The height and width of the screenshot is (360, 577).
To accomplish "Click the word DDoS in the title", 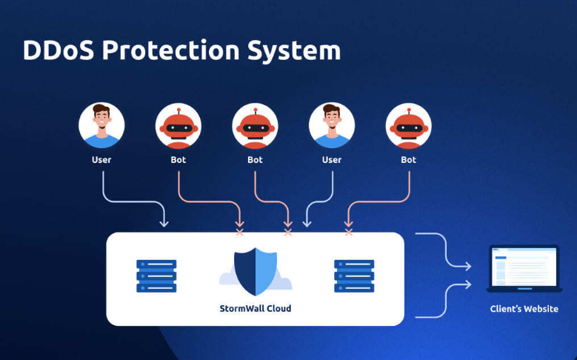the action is (58, 50).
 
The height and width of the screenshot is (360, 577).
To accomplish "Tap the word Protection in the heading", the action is (171, 50).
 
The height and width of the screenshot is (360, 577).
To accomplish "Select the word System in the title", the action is (294, 51).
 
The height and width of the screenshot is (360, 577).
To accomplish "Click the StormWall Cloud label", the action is (256, 308).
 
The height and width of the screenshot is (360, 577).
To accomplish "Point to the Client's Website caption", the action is (524, 309).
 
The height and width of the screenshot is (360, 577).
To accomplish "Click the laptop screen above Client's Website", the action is (524, 267).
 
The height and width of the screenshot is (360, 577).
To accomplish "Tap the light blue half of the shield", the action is (266, 271).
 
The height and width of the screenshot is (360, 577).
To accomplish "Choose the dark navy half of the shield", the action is (244, 271).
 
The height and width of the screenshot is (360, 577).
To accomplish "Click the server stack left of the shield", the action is (156, 276).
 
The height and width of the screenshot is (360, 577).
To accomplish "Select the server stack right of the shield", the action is (354, 276).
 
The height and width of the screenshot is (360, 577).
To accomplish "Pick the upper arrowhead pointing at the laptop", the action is (468, 266).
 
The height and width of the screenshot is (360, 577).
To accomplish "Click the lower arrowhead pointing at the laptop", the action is (468, 284).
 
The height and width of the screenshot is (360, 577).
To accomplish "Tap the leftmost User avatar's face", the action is (101, 118).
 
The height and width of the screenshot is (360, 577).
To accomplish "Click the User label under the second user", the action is (332, 160).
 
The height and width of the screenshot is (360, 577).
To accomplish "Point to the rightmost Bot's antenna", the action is (409, 112).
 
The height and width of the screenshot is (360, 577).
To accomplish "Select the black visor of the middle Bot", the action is (256, 128).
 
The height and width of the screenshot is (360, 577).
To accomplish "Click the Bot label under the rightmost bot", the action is (408, 160).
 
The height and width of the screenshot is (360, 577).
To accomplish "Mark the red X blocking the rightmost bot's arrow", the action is (349, 233).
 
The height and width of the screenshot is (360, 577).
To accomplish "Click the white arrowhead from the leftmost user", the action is (164, 223).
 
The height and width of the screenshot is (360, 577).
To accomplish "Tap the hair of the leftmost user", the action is (101, 109).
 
